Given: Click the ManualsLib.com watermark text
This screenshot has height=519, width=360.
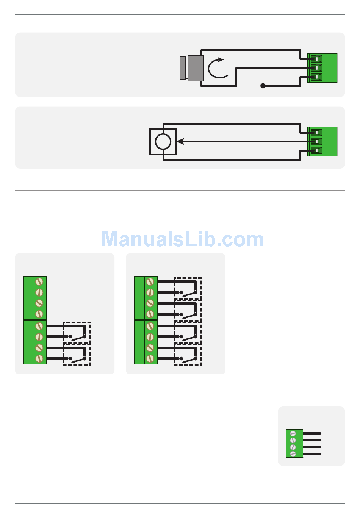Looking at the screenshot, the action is click(x=182, y=239).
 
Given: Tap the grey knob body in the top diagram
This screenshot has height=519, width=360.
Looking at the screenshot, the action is click(x=195, y=68).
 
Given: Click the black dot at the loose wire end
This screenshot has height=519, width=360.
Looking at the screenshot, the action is click(x=263, y=86).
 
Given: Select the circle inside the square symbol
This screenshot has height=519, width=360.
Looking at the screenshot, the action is click(x=163, y=142).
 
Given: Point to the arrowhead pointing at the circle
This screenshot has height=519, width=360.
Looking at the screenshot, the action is click(x=180, y=142).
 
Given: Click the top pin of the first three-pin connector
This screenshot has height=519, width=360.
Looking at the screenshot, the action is click(x=316, y=59).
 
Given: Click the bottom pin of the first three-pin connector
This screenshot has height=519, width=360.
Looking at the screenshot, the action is click(x=316, y=77).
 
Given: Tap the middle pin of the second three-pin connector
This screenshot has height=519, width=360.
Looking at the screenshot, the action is click(x=316, y=141).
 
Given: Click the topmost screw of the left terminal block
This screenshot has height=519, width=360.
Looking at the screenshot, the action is click(x=39, y=281).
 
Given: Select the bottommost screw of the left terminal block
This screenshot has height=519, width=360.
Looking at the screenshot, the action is click(x=39, y=358).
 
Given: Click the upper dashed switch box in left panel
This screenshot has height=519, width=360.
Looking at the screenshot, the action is click(x=77, y=332).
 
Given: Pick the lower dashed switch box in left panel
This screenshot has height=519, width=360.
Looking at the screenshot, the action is click(x=77, y=355).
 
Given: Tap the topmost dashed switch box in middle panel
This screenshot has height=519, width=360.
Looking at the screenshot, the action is click(x=188, y=288).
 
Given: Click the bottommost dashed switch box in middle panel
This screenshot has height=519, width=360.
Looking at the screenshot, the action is click(x=188, y=355).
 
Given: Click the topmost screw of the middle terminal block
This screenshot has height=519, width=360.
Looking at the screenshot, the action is click(x=150, y=281).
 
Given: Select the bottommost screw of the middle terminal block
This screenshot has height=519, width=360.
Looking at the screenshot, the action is click(x=150, y=358).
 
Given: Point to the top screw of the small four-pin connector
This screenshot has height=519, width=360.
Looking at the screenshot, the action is click(x=293, y=434).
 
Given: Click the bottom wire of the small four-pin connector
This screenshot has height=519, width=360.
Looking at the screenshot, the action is click(x=312, y=454).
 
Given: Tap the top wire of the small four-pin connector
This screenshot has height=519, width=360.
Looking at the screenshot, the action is click(x=312, y=433).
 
